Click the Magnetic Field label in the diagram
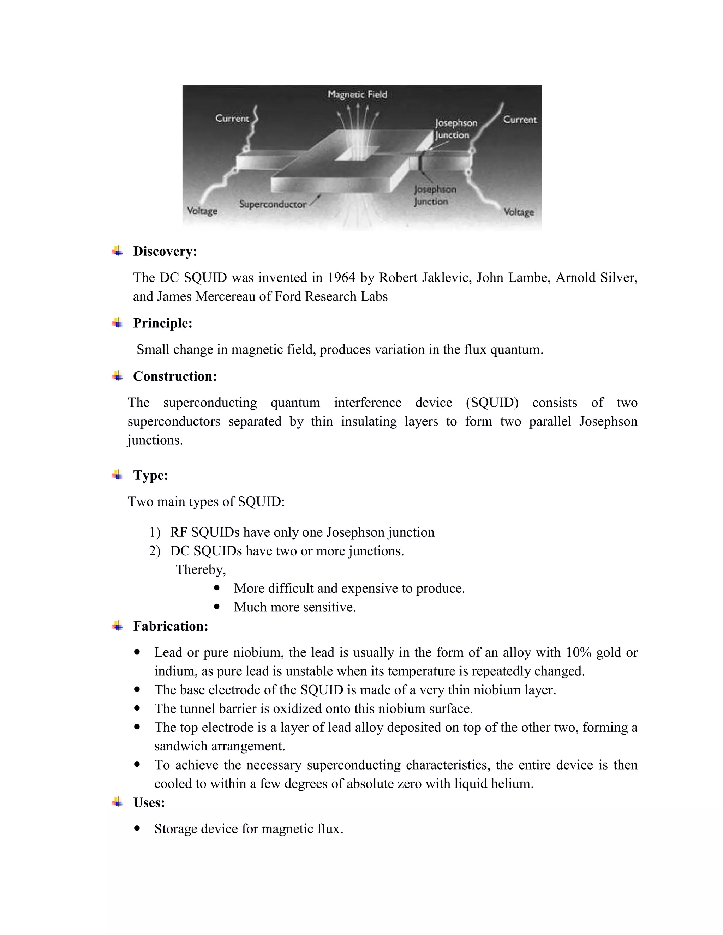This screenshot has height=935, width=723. tap(357, 95)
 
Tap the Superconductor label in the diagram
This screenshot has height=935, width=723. tap(273, 204)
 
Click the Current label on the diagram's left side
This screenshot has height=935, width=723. tap(232, 119)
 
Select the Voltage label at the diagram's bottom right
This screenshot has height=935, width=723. tap(518, 212)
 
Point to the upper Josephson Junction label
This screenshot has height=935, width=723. tap(455, 128)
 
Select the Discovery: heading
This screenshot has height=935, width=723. tap(165, 251)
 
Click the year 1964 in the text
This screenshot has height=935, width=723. tap(341, 277)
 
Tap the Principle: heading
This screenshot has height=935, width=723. tap(162, 323)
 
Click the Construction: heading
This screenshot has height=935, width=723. tap(175, 376)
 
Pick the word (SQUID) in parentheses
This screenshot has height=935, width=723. tap(492, 403)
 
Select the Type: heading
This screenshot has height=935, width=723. tap(150, 475)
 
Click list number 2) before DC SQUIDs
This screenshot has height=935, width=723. tap(154, 551)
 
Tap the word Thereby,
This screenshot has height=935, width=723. tap(201, 570)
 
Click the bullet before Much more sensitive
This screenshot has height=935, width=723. tap(217, 607)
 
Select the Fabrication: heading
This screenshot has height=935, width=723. tap(171, 626)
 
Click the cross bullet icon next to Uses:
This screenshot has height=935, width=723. tap(117, 802)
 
